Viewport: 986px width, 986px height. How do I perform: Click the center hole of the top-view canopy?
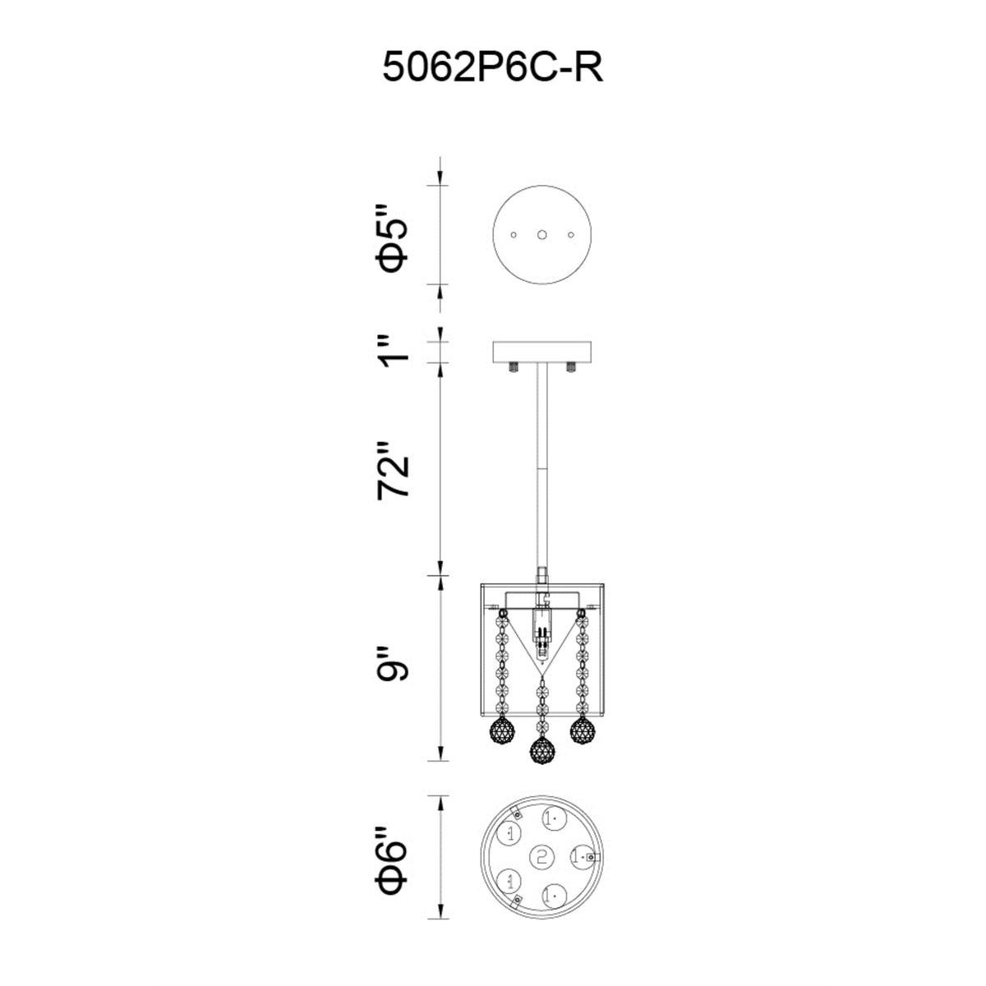point(541,234)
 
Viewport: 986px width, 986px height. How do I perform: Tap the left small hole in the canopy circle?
point(514,235)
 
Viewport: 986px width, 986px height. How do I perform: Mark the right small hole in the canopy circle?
point(570,235)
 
